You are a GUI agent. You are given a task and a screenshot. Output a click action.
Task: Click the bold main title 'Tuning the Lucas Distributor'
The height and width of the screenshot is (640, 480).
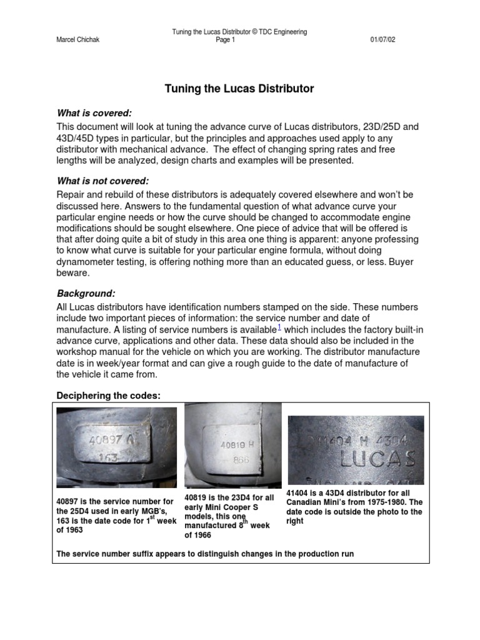pos(239,89)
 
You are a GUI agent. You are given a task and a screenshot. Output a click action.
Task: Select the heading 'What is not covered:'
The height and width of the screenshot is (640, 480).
pos(103,181)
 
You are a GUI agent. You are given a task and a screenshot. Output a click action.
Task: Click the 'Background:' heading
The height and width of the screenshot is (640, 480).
pos(86,293)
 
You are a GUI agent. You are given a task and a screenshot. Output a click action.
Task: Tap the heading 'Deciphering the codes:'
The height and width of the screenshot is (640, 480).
pos(109,396)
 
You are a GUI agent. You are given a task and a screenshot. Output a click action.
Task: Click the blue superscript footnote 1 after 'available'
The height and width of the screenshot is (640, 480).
pos(279,327)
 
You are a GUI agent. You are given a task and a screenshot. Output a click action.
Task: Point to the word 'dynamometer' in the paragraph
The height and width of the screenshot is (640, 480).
pos(87,262)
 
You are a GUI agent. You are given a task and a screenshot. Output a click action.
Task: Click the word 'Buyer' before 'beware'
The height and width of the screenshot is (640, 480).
pos(387,262)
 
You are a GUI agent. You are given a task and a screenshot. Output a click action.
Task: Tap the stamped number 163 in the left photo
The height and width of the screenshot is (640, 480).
pos(109,456)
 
